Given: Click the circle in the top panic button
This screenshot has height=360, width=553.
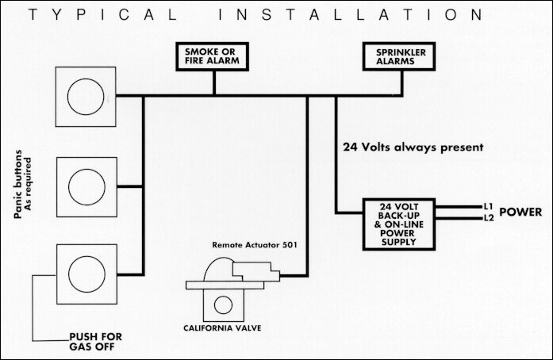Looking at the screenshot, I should (x=85, y=98).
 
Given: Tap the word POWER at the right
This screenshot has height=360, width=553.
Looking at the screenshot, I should (x=520, y=212).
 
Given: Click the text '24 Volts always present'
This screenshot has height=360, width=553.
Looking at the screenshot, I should (x=408, y=147).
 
